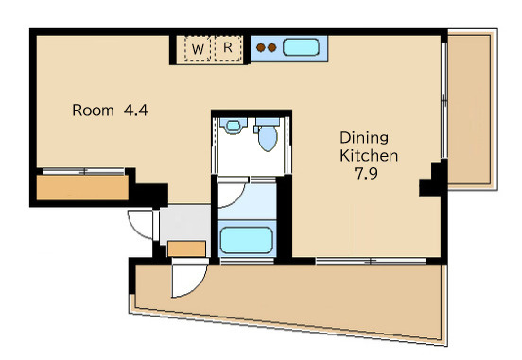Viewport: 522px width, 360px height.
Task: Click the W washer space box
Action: coord(198,48)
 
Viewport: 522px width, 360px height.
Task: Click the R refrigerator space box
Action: coord(228,48)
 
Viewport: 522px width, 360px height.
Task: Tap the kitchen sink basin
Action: coord(301,47)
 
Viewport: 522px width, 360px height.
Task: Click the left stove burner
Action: coord(261,47)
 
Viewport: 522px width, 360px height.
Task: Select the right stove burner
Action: coord(272,47)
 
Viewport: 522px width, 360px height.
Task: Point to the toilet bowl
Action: coord(268,138)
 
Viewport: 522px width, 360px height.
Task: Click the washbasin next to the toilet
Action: coord(233,126)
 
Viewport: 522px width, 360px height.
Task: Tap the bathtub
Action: coord(247,240)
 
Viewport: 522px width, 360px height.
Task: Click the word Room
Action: coord(93,111)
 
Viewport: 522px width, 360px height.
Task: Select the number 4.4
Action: coord(136,111)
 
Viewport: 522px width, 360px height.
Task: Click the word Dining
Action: coord(364,138)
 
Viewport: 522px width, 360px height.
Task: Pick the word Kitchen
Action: coord(369,156)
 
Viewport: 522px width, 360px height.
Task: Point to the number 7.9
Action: coord(366,173)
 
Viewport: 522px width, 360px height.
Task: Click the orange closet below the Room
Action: coord(82,188)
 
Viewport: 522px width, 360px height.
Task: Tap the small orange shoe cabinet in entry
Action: coord(186,249)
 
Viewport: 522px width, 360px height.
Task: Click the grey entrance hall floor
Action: coord(184,223)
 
